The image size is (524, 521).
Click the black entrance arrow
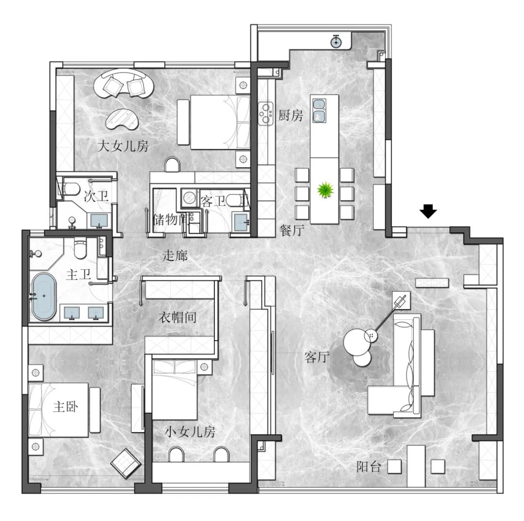pos(428,211)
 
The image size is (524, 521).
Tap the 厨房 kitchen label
pos(291,116)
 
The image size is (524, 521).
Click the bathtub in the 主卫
pos(44,296)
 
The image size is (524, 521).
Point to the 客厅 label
pos(317,357)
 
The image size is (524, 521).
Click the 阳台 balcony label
pos(369,467)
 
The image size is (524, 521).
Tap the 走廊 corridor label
pos(175,256)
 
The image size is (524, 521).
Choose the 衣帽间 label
pos(178,317)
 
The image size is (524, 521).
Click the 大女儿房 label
pos(123,146)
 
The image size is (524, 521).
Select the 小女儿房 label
pos(190,432)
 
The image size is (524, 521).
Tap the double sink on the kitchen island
pos(319,110)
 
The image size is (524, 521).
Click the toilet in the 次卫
pos(70,189)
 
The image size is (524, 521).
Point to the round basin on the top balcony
pos(336,42)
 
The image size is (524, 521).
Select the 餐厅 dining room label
pos(292,230)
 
